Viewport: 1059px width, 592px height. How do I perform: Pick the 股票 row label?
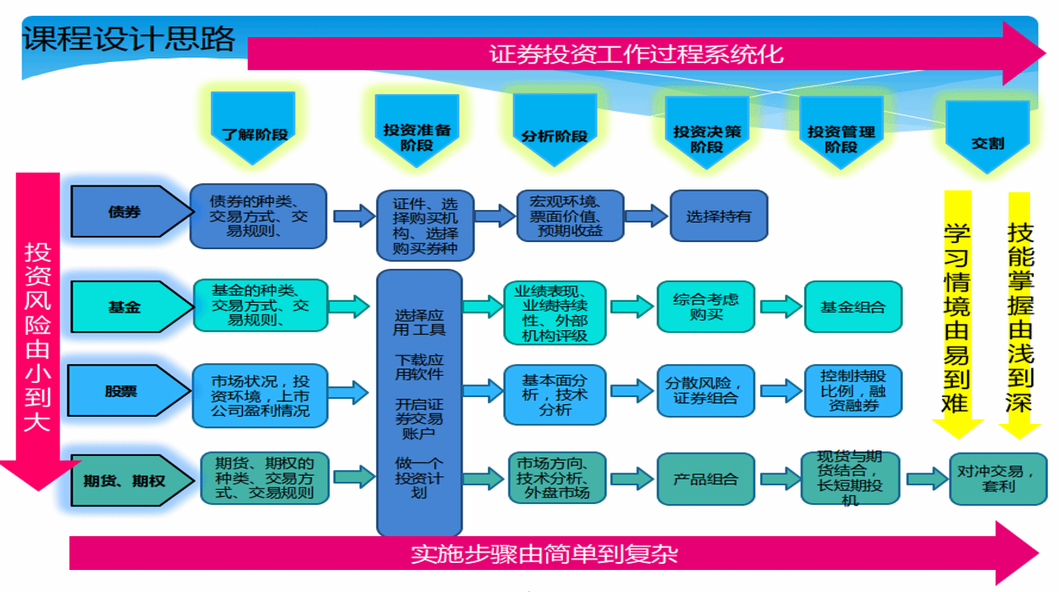(x=124, y=391)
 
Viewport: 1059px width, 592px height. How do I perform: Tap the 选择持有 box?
(x=718, y=215)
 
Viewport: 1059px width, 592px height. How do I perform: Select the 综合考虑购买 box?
(x=706, y=306)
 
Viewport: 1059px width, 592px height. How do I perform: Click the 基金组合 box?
(x=852, y=307)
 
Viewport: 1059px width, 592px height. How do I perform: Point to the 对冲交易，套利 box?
(x=998, y=478)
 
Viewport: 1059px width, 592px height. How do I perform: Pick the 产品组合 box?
(x=705, y=478)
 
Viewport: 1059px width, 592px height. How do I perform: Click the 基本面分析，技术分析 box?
(x=554, y=393)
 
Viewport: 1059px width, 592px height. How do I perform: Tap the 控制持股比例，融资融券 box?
(x=852, y=390)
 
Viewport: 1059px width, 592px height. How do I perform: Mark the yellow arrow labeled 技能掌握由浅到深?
(x=1020, y=314)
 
